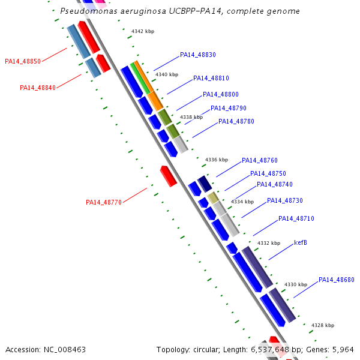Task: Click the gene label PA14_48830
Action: (x=198, y=55)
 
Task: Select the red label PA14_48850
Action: (x=23, y=61)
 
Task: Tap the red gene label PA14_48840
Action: (x=38, y=88)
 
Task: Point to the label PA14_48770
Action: (x=104, y=202)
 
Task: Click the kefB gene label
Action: (x=301, y=242)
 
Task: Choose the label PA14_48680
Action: (x=337, y=280)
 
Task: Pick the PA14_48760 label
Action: (x=260, y=160)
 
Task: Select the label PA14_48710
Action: (x=296, y=218)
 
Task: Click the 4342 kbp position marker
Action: (x=143, y=31)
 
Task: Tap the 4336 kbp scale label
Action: (x=217, y=160)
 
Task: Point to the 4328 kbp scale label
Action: (x=323, y=325)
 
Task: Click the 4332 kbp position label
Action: (x=269, y=243)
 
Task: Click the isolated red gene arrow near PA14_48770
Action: (x=169, y=176)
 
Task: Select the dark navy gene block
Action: (x=205, y=184)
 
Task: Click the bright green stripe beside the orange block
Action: (x=140, y=78)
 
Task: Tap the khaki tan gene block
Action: (x=213, y=197)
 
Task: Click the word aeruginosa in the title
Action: (x=143, y=11)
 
